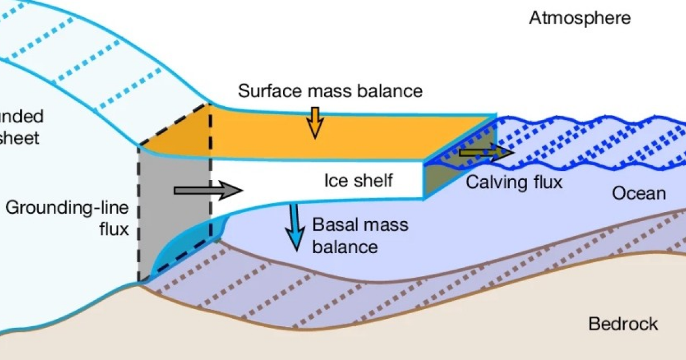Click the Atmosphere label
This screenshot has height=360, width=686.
click(580, 18)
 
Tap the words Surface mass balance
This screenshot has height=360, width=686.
click(330, 91)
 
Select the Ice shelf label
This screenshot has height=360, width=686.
click(358, 181)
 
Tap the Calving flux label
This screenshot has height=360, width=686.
click(514, 182)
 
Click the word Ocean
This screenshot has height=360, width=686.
click(639, 194)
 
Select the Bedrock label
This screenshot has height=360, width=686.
click(623, 325)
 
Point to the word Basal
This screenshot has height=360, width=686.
click(335, 224)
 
